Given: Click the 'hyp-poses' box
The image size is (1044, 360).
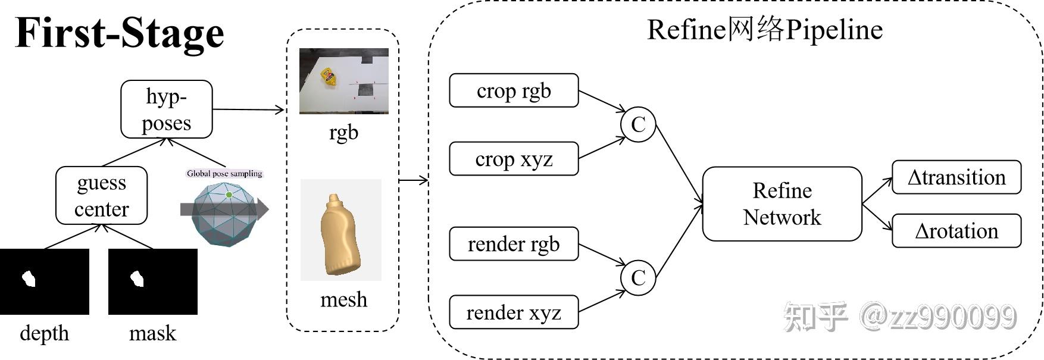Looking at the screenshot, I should click(x=166, y=109).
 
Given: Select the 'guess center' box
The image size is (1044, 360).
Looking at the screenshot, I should click(x=101, y=196).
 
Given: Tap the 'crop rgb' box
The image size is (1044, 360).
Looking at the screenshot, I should click(x=514, y=90).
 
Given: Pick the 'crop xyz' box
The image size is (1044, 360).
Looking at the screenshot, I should click(x=514, y=159).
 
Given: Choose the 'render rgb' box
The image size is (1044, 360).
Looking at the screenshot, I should click(x=514, y=244).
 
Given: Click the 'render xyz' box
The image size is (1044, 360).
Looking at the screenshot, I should click(x=514, y=312).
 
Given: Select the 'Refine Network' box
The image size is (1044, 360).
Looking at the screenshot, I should click(x=782, y=204).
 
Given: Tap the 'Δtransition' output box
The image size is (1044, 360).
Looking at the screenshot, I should click(x=956, y=177).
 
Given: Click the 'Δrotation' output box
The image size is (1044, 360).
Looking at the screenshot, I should click(x=956, y=231).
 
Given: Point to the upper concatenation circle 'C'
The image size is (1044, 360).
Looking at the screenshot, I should click(x=637, y=125).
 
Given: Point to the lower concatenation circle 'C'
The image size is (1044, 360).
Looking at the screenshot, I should click(x=637, y=278).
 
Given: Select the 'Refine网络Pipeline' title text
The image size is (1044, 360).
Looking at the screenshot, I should click(x=764, y=30).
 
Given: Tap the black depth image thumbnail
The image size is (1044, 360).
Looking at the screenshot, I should click(x=45, y=281).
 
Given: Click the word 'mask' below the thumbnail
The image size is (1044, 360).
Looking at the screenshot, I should click(x=152, y=333).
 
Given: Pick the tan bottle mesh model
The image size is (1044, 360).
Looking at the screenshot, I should click(x=340, y=235).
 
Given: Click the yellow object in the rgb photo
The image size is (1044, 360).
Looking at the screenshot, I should click(x=328, y=77).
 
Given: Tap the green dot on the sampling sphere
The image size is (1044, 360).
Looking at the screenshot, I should click(x=229, y=195).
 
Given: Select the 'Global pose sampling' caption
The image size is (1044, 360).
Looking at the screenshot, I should click(x=224, y=174).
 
